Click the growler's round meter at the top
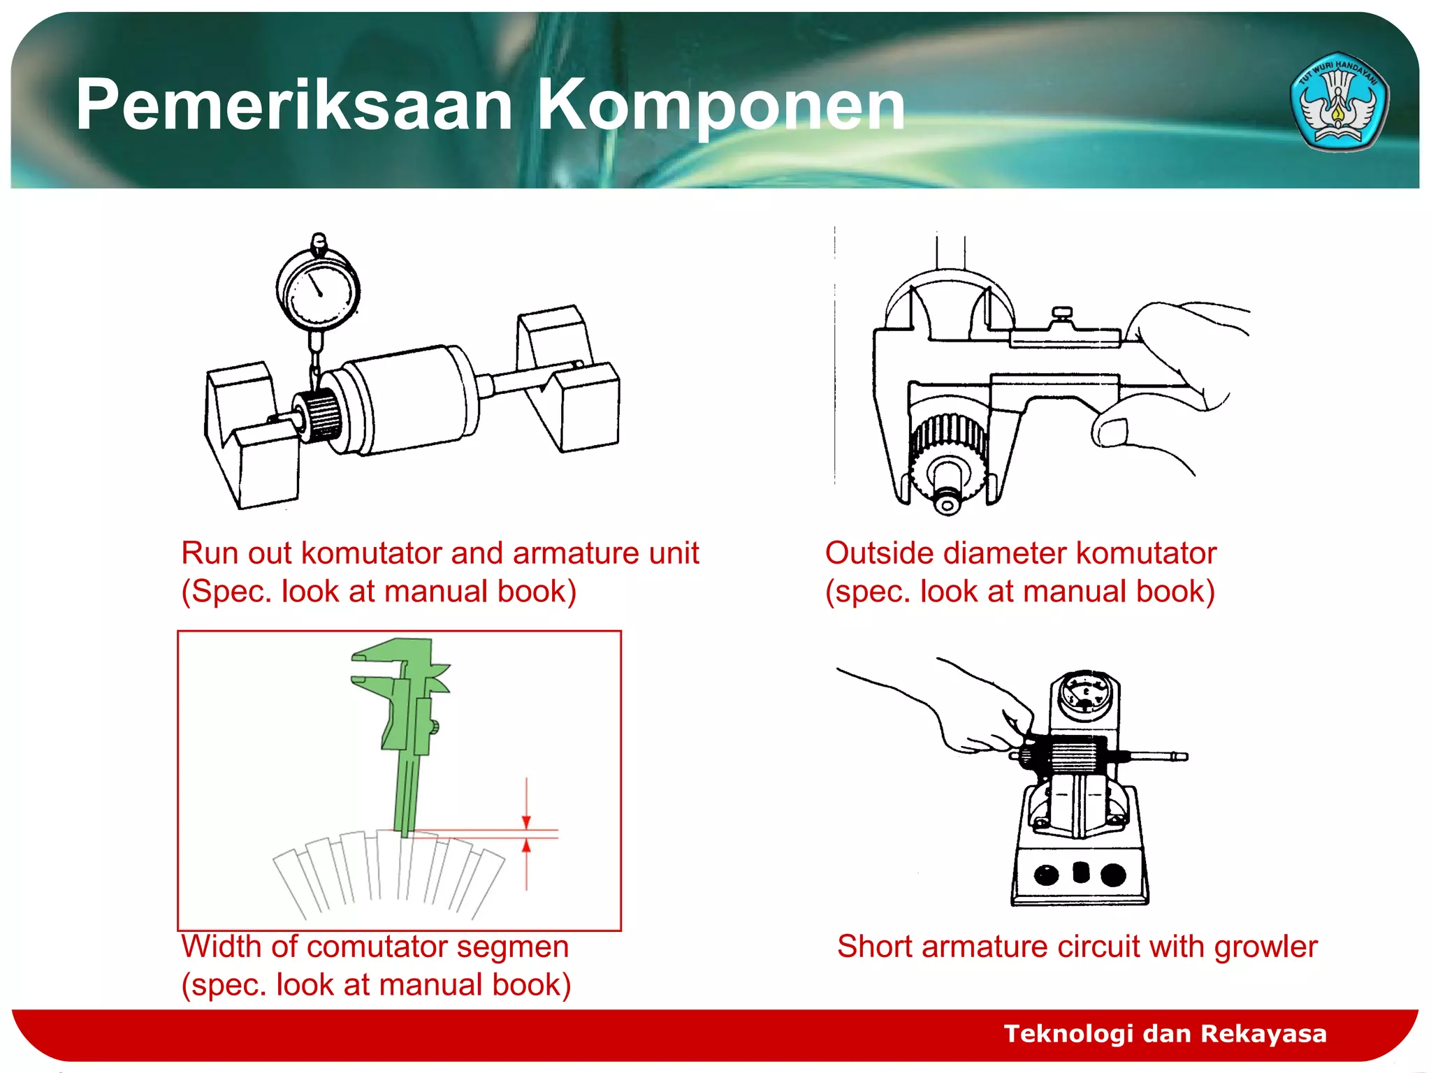pyautogui.click(x=1084, y=694)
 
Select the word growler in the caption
pyautogui.click(x=1265, y=947)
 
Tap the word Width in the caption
pyautogui.click(x=221, y=947)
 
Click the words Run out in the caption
pyautogui.click(x=236, y=553)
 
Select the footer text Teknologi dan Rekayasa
pyautogui.click(x=1165, y=1033)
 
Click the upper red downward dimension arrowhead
pyautogui.click(x=527, y=822)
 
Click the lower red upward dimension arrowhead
pyautogui.click(x=527, y=847)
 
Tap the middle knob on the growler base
pyautogui.click(x=1080, y=872)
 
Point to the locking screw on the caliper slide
pyautogui.click(x=1063, y=314)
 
